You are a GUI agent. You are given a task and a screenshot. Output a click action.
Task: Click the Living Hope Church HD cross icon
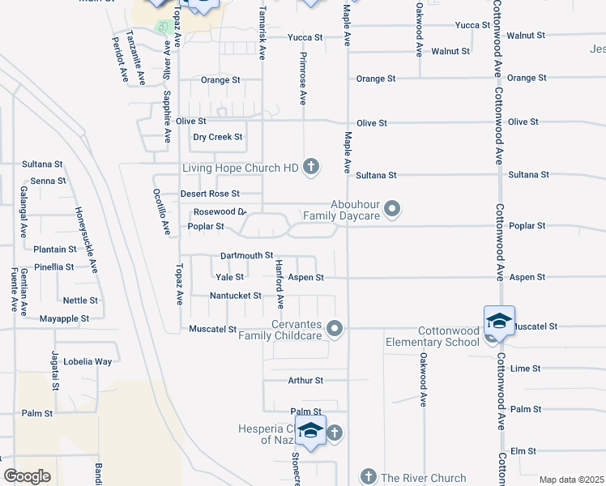pos(310,168)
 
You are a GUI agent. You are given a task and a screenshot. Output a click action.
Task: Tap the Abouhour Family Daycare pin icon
pos(393,210)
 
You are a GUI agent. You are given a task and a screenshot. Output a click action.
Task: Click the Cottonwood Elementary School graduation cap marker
pos(499,322)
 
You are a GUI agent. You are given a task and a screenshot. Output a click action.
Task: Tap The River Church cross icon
pos(368,477)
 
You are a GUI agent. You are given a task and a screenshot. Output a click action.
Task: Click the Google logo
pos(26,476)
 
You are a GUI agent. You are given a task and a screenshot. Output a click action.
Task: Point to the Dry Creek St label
pos(217,137)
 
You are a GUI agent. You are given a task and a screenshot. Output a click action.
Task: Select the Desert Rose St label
pos(210,194)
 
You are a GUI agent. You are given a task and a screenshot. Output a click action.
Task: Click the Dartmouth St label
pos(246,255)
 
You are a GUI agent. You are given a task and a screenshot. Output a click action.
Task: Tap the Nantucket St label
pos(235,296)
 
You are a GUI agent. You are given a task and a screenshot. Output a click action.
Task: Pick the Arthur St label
pos(305,380)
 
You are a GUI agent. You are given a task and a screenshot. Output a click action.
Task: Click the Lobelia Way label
pos(89,361)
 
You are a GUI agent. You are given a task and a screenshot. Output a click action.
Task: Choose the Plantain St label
pos(55,249)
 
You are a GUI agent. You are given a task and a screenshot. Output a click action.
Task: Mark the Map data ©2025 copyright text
pos(572,480)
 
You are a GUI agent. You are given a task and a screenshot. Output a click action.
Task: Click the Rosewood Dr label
pos(219,211)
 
